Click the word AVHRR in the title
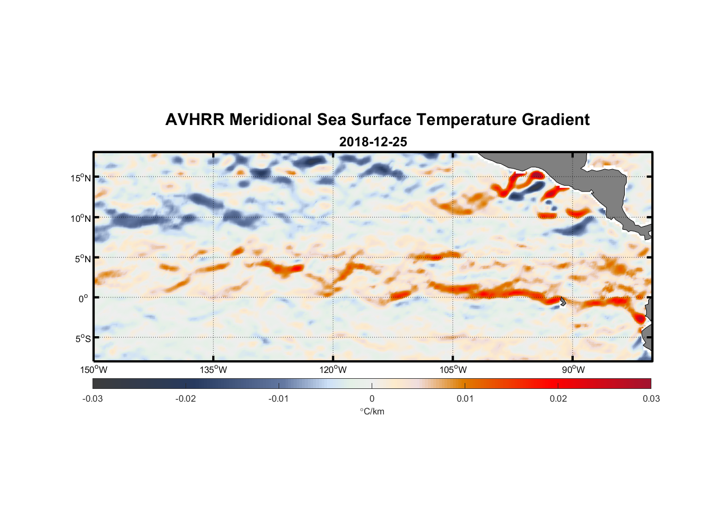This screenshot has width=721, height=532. tap(194, 120)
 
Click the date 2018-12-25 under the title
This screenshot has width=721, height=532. tap(373, 142)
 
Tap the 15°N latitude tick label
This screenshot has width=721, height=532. tap(81, 178)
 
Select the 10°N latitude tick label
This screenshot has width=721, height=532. tap(81, 218)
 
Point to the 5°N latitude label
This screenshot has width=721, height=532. tap(82, 259)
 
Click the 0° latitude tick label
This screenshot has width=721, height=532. tap(83, 298)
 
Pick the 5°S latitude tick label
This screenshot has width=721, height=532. tap(82, 339)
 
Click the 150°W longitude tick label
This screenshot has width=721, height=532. tap(94, 370)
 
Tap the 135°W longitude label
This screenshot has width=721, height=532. tap(213, 370)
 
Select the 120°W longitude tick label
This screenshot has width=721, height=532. tap(333, 370)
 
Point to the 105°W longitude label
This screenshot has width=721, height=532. tap(453, 370)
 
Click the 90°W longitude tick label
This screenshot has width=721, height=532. tap(573, 370)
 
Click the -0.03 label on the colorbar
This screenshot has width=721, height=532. tap(93, 398)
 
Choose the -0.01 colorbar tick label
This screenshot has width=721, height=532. tap(279, 398)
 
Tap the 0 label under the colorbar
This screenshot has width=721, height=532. tap(372, 398)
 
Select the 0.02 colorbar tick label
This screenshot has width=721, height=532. tap(558, 398)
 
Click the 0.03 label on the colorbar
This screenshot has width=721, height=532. tap(651, 398)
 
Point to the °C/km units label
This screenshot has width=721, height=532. tap(372, 411)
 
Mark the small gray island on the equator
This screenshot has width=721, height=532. tap(563, 301)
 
